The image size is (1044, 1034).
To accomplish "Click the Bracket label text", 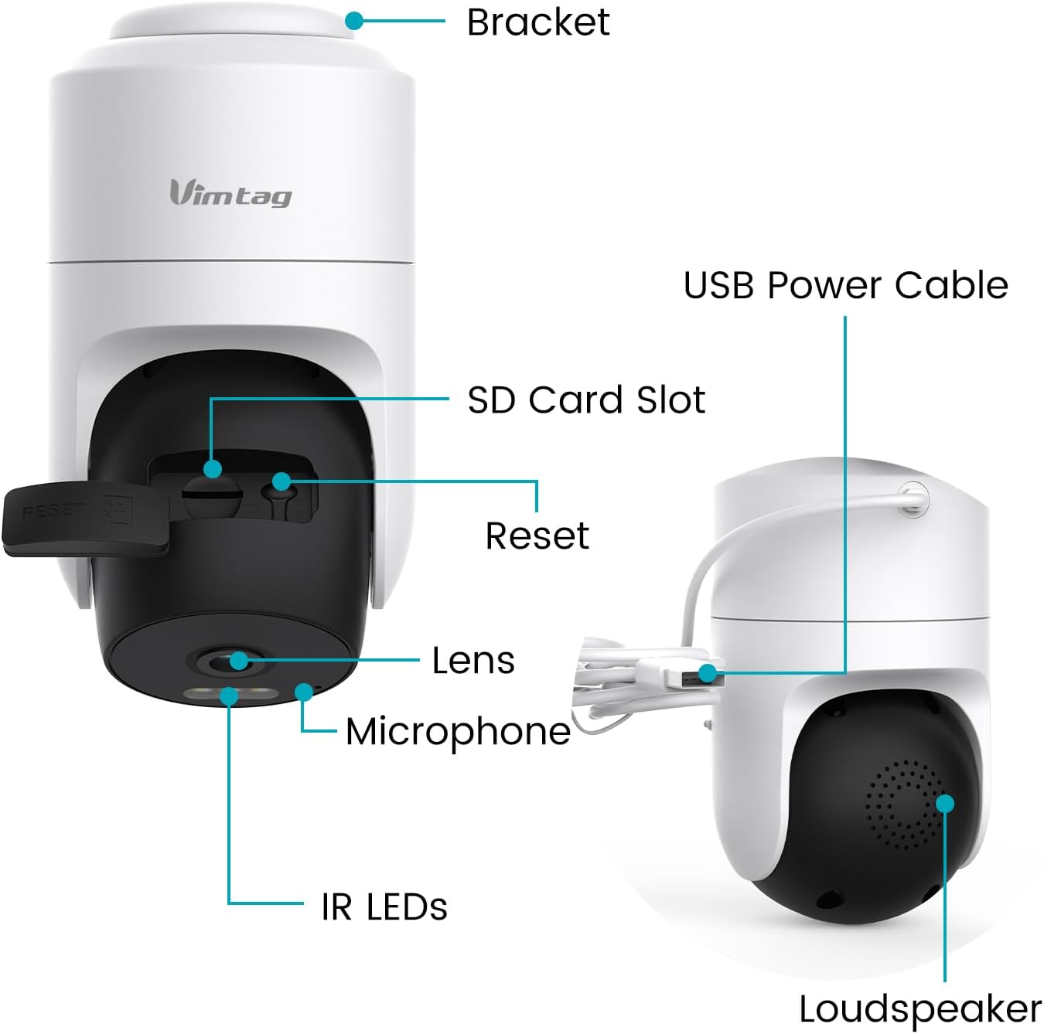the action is point(537,22).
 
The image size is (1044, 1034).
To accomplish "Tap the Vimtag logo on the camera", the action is point(230,192).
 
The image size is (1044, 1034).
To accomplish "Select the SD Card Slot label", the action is point(586,400).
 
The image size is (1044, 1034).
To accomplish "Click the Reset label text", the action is point(537,535).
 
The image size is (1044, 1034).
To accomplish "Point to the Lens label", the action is point(473,660).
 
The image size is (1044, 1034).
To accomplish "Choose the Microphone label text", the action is point(458,731).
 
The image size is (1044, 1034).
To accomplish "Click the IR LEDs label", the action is point(384,906).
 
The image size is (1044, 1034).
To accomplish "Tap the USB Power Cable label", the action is point(845,285).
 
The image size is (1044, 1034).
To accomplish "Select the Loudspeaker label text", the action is point(919,1008).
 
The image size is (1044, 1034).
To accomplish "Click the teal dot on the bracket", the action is point(354,21).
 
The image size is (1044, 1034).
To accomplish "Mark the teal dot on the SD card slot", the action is point(213,468).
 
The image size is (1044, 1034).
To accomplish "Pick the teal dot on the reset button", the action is point(281,481).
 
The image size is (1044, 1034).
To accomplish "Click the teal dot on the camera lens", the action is point(239,660).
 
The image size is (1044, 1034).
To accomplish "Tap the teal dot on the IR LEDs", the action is point(229,696).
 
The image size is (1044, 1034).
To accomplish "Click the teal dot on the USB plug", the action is point(706,672).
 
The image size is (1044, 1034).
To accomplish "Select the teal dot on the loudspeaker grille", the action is point(944,803).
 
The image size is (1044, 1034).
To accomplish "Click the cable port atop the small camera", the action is point(913,497).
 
